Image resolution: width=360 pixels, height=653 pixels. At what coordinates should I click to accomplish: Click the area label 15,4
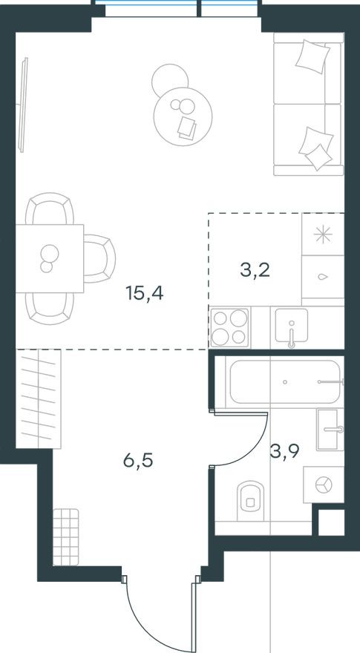pos(144,294)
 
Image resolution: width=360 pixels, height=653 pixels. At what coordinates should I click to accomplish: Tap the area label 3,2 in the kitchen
pos(255,269)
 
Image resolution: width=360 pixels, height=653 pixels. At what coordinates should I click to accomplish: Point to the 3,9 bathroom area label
pos(285,451)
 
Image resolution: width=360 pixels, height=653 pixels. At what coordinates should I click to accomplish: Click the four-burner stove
pos(229,326)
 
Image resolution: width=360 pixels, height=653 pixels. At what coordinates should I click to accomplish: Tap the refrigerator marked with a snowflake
pos(323,234)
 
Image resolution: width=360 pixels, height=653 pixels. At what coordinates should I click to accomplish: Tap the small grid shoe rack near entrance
pos(66,527)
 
